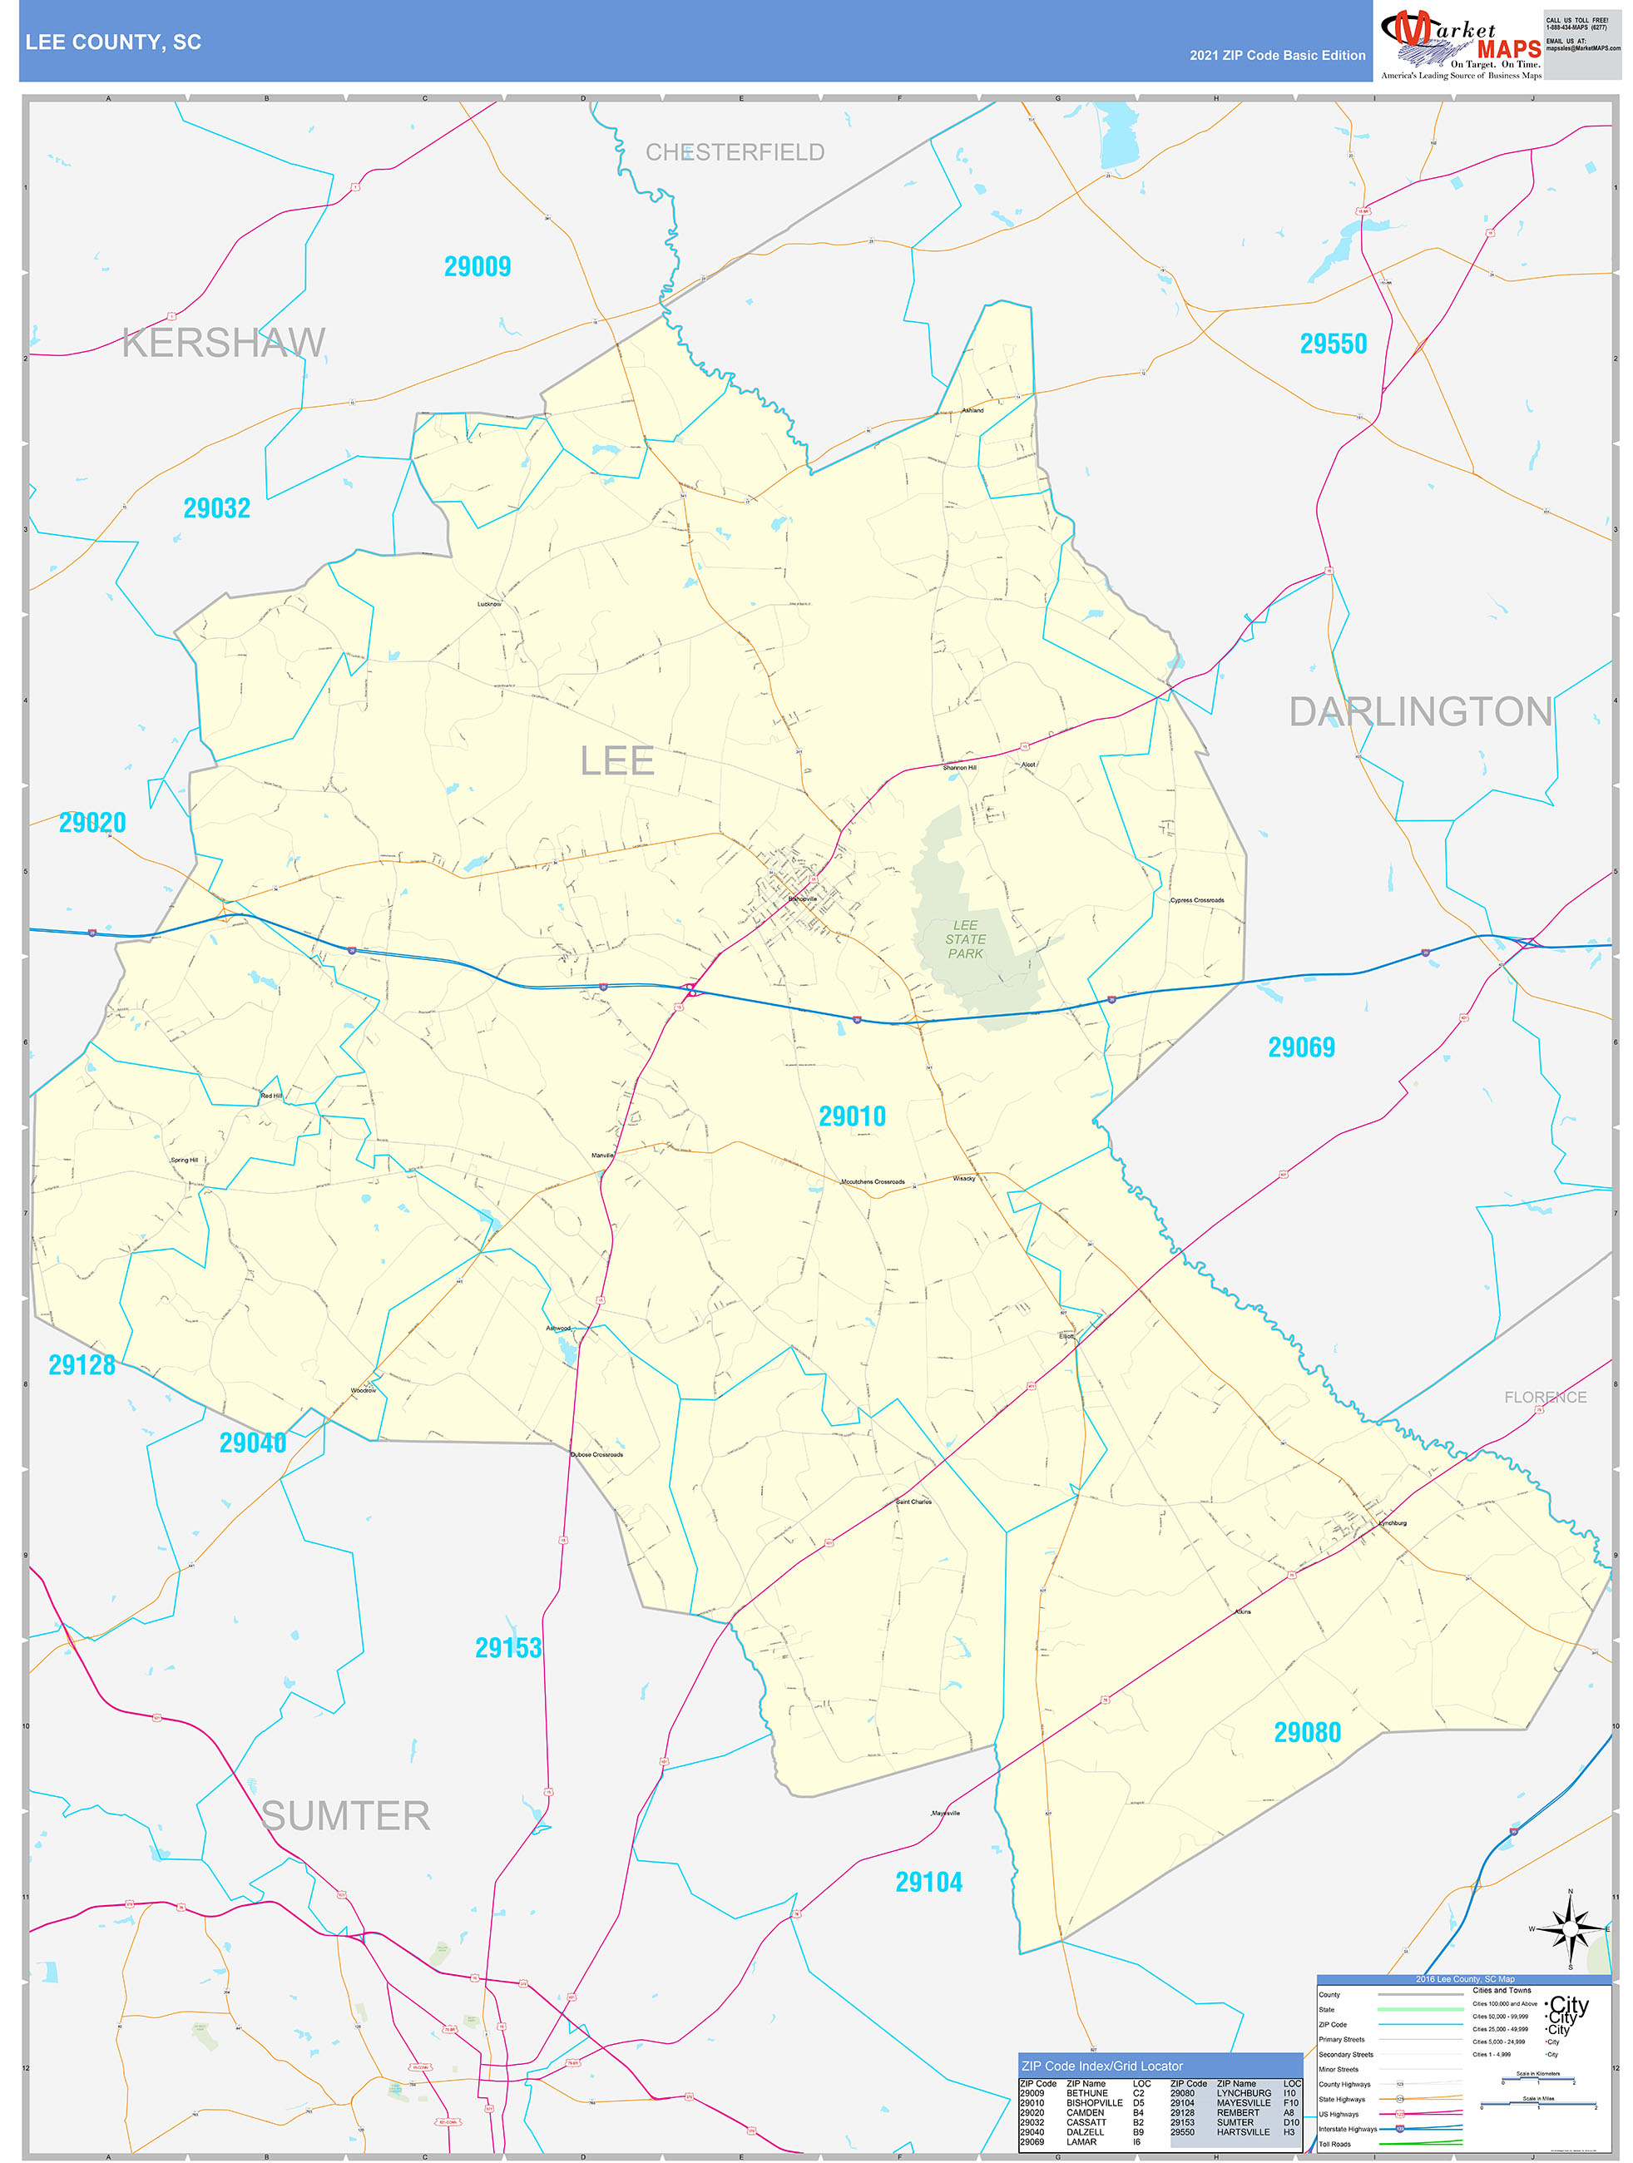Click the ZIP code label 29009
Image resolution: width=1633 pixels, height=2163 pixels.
pyautogui.click(x=478, y=267)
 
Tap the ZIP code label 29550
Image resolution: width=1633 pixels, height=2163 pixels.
pyautogui.click(x=1333, y=344)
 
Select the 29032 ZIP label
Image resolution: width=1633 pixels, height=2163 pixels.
pyautogui.click(x=217, y=508)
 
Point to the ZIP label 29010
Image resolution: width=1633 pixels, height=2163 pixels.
pyautogui.click(x=852, y=1116)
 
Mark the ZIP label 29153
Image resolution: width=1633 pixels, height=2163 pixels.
pyautogui.click(x=507, y=1649)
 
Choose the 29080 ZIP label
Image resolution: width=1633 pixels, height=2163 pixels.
pyautogui.click(x=1306, y=1733)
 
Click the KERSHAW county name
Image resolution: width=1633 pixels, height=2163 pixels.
pyautogui.click(x=224, y=344)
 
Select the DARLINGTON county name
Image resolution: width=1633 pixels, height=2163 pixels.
pyautogui.click(x=1420, y=712)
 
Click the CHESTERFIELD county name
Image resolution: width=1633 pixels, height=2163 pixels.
pyautogui.click(x=735, y=152)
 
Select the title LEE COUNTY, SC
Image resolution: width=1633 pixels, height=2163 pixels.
pyautogui.click(x=113, y=42)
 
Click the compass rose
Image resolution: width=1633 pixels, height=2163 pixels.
pyautogui.click(x=1571, y=1928)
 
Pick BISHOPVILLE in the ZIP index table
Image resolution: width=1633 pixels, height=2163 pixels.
pyautogui.click(x=1094, y=2102)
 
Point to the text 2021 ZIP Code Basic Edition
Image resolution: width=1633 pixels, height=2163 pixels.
pyautogui.click(x=1277, y=56)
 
